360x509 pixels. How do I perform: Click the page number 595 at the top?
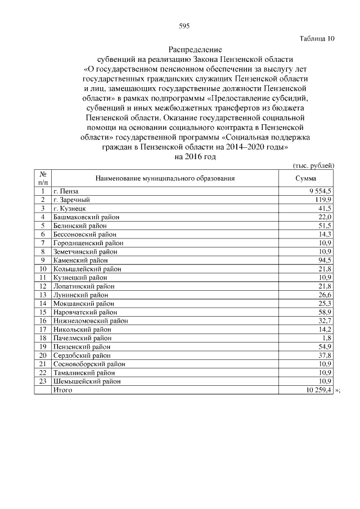coord(184,26)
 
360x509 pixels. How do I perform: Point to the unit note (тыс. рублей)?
coord(314,165)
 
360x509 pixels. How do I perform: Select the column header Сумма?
coord(307,178)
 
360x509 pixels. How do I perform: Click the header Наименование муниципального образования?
coord(165,178)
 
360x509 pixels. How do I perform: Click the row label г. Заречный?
coord(71,200)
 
